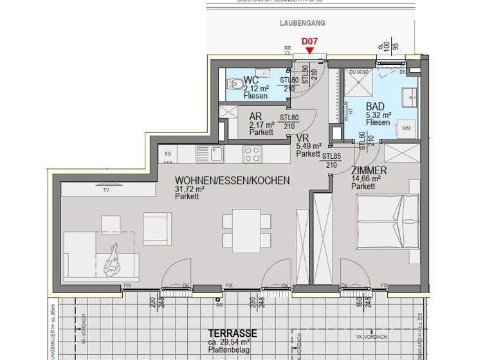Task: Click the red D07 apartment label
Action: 309,42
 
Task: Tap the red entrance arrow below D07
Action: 309,51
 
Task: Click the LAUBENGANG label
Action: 302,22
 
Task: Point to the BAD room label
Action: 375,107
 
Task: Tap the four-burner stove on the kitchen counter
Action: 252,154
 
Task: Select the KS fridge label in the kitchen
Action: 168,154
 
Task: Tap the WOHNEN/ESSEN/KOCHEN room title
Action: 232,181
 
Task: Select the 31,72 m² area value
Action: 190,189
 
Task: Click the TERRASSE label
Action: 232,333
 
